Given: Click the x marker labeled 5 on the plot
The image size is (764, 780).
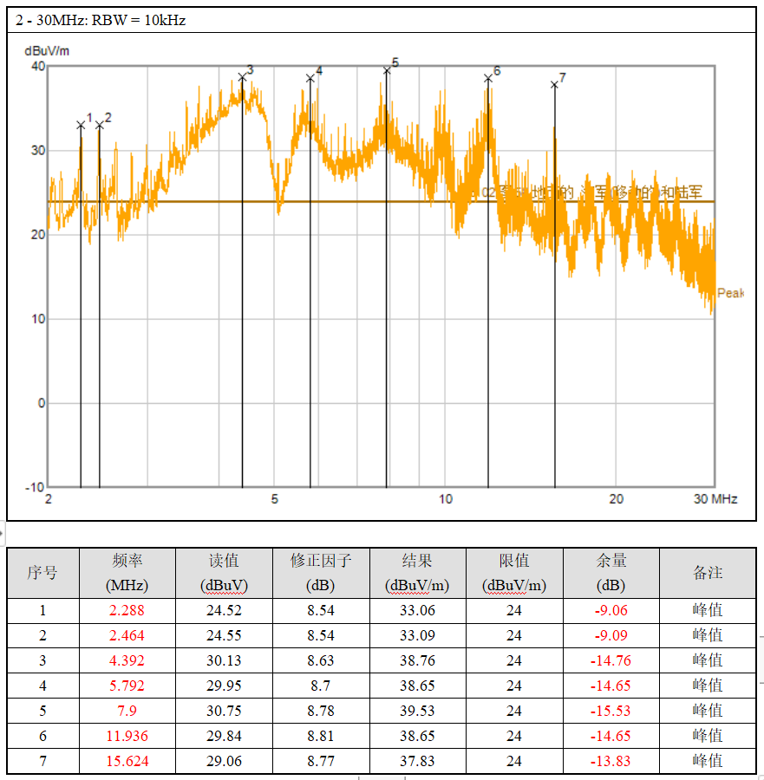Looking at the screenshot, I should (387, 70).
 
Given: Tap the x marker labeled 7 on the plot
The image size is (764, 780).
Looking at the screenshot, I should (554, 84).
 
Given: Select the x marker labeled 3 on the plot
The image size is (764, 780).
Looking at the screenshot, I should (242, 77).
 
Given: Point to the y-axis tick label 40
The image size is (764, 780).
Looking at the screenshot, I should (38, 66).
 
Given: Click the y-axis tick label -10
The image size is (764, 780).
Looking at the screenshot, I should (36, 487).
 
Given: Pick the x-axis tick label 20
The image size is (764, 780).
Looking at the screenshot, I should (616, 499).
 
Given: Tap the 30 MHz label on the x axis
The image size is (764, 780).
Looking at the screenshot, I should (715, 499).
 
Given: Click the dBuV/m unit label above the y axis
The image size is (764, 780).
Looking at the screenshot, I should (47, 50).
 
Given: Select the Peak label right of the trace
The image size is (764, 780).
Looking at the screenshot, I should (730, 293).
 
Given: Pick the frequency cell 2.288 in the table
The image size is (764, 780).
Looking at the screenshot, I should (127, 610).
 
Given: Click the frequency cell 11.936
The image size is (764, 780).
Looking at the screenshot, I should (127, 737).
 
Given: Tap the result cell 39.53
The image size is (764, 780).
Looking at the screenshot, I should (417, 711).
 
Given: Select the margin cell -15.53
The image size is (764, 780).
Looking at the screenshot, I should (611, 711).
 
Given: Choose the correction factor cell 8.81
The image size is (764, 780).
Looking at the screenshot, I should (321, 737).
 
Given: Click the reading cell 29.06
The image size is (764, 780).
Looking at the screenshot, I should (224, 762).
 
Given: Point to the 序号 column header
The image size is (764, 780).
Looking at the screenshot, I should (42, 573).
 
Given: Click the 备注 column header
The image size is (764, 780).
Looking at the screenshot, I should (708, 573).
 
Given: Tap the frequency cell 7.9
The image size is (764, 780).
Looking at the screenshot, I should (127, 711).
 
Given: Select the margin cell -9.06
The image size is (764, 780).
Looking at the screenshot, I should (611, 610).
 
